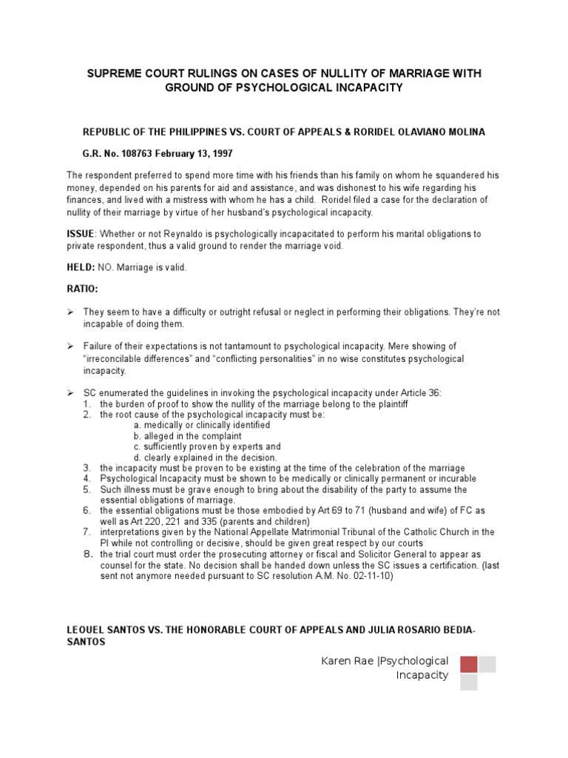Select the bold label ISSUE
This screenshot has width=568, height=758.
(81, 234)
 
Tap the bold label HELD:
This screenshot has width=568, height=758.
(81, 267)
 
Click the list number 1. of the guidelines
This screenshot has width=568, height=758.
(87, 404)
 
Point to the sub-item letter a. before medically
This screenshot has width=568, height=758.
(137, 426)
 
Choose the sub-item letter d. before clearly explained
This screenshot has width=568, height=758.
(137, 457)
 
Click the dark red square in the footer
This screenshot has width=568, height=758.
(469, 663)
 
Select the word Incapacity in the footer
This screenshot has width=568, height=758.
(422, 675)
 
